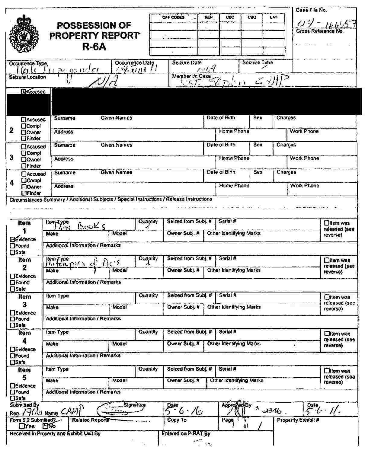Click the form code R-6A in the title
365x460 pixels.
pyautogui.click(x=94, y=47)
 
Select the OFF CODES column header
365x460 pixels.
pyautogui.click(x=173, y=18)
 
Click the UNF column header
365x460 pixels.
pyautogui.click(x=274, y=18)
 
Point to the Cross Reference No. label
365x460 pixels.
pyautogui.click(x=320, y=31)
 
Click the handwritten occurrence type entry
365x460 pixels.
pyautogui.click(x=57, y=70)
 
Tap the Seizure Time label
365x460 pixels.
pyautogui.click(x=258, y=63)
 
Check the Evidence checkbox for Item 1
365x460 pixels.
pyautogui.click(x=13, y=239)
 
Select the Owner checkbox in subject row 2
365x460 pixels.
pyautogui.click(x=24, y=132)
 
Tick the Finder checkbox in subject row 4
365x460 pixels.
pyautogui.click(x=24, y=193)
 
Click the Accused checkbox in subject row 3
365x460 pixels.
pyautogui.click(x=24, y=147)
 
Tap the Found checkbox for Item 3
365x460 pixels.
pyautogui.click(x=13, y=319)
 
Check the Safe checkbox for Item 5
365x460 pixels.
pyautogui.click(x=13, y=398)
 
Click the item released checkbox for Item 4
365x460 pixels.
pyautogui.click(x=326, y=334)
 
